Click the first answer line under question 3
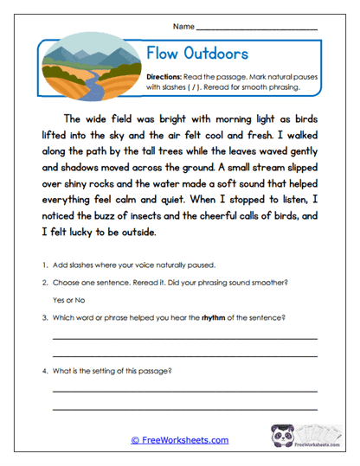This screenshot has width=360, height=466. (x=184, y=339)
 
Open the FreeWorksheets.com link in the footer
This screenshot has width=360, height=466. (x=179, y=440)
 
